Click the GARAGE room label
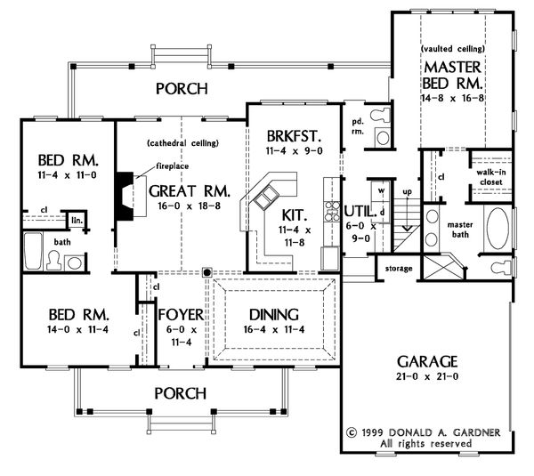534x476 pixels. point(427,361)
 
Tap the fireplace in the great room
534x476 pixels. point(125,196)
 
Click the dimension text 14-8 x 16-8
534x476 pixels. point(453,98)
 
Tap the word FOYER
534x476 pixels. point(181,315)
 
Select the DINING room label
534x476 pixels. point(274,315)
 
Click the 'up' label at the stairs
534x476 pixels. point(407,191)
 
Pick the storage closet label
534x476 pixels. point(399,269)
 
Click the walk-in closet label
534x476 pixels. point(491,177)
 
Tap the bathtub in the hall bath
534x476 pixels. point(33,251)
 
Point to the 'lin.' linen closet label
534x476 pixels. point(77,221)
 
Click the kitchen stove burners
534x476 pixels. point(331,211)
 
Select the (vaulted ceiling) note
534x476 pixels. point(453,49)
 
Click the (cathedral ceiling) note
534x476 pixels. point(182,143)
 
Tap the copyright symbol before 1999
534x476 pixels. point(352,432)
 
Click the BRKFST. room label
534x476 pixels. point(294,136)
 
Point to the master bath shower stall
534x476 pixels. point(441,267)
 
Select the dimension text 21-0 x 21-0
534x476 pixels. point(427,376)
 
